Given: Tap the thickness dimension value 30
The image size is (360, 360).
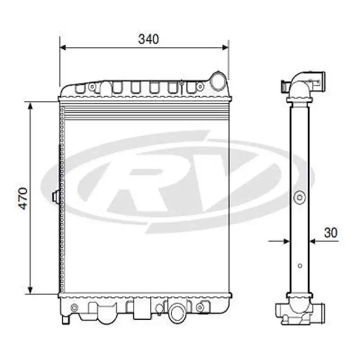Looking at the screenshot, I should [x=330, y=233].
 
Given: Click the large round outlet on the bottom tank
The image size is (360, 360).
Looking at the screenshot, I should [x=177, y=311].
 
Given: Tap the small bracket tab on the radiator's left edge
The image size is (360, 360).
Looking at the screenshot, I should [x=55, y=197].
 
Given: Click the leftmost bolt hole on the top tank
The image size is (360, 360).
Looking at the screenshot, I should [x=92, y=87].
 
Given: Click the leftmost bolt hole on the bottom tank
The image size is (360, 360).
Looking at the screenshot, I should [x=75, y=307].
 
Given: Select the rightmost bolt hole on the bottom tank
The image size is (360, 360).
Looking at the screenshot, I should [x=199, y=307].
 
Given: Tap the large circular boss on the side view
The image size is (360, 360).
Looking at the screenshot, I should [x=300, y=197].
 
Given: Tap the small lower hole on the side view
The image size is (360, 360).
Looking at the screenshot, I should [x=300, y=266].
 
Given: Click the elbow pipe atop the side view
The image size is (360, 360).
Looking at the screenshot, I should [x=302, y=86].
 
